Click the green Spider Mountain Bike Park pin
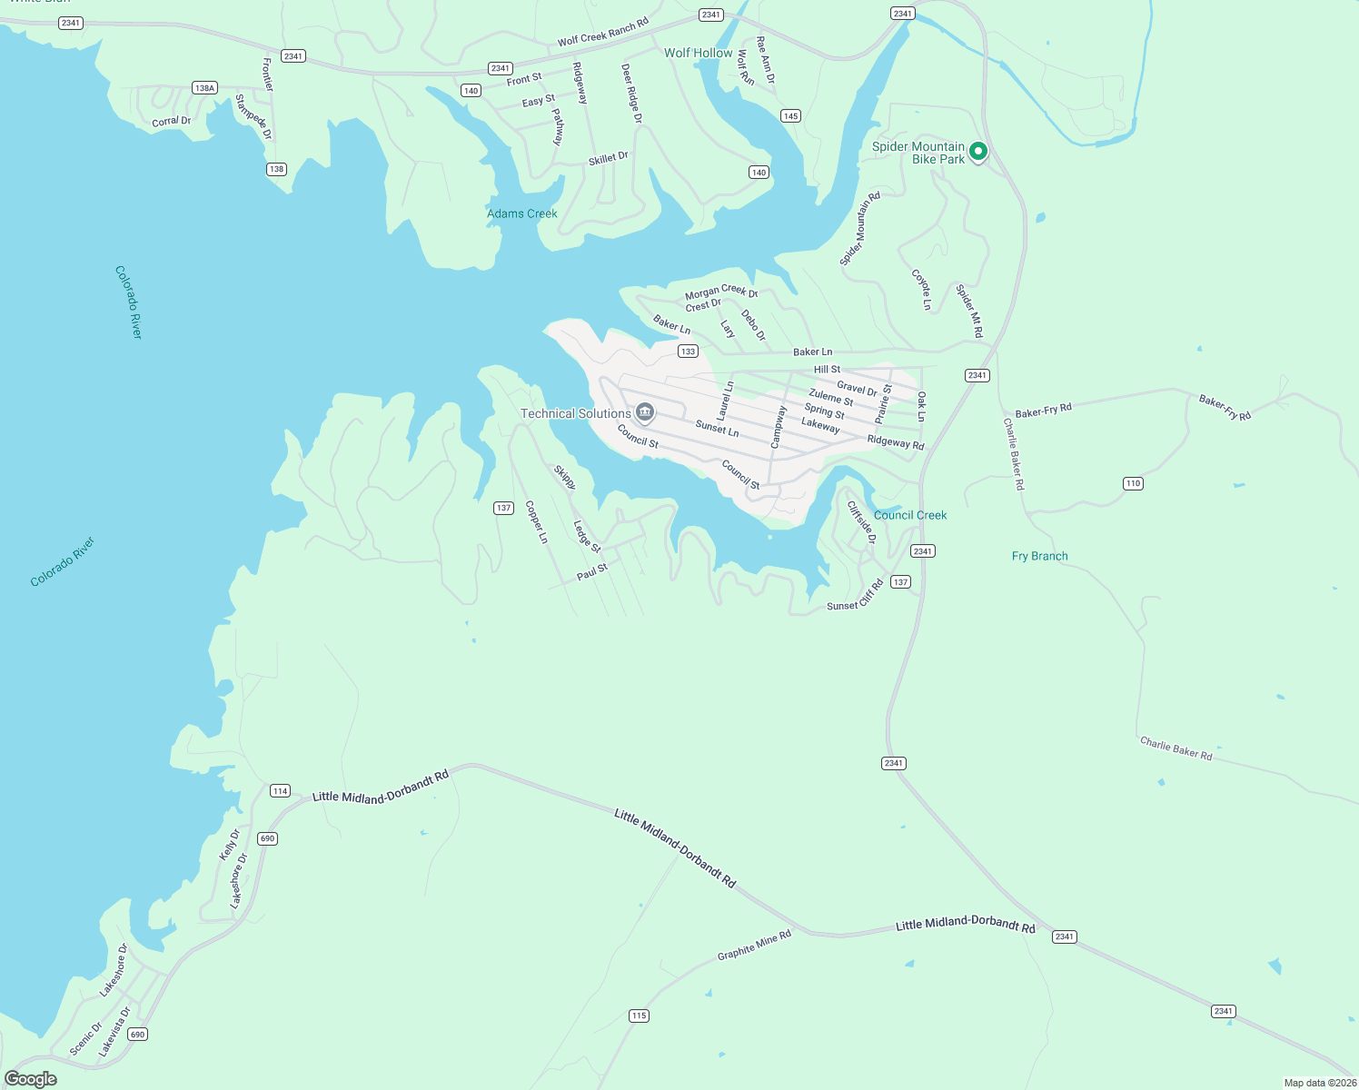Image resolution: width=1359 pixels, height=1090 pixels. point(977,152)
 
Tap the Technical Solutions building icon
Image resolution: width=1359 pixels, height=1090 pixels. point(645,413)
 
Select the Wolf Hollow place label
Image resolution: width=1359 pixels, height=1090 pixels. point(698,53)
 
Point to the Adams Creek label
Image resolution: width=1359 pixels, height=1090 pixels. point(522,213)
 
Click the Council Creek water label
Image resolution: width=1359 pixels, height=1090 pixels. point(910,515)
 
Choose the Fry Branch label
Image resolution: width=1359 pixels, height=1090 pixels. point(1039,556)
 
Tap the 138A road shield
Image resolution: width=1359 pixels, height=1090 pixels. point(204,88)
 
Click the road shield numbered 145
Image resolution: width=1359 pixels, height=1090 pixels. point(790,116)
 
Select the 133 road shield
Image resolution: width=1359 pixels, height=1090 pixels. point(688,352)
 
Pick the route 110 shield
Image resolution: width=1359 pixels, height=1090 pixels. point(1132,483)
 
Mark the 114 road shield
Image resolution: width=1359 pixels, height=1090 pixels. point(280,791)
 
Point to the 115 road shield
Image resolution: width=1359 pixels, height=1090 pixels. point(639,1016)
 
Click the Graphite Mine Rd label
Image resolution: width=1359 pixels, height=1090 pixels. point(754,945)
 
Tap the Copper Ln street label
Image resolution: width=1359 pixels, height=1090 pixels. point(537,522)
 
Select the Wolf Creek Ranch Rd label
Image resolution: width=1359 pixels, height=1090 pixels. point(602,33)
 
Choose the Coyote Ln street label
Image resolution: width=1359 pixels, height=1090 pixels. point(921,290)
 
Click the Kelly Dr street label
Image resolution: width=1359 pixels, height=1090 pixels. point(230,845)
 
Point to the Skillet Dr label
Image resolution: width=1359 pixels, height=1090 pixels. point(608,159)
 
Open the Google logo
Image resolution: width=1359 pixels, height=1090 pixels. point(31,1079)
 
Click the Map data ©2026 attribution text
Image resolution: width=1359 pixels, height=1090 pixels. point(1319,1083)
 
